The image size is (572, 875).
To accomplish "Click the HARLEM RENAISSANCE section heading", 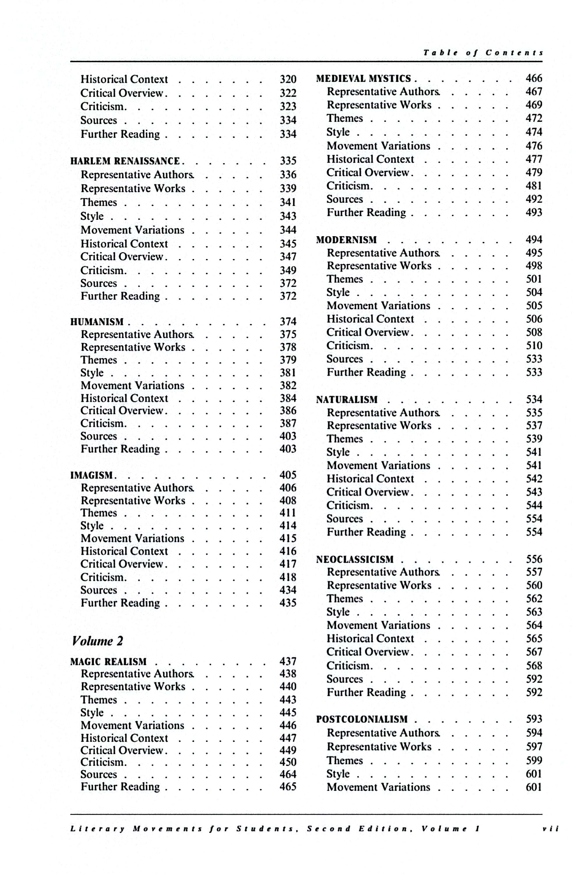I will pos(125,161).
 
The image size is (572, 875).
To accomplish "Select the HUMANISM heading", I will pos(97,322).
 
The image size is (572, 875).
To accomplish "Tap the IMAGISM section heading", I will pos(91,475).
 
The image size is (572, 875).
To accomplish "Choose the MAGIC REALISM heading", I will pos(108,662).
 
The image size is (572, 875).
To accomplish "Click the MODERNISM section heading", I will pos(346,240).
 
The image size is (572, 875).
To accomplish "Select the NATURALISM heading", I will pos(347,400).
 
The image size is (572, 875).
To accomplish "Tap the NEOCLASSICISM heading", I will pos(355,559).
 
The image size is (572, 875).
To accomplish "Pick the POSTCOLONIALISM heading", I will pos(362,719).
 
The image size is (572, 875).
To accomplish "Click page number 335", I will pos(288,161).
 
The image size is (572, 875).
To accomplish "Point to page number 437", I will pos(288,661).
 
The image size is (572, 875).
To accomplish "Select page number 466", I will pos(534,78).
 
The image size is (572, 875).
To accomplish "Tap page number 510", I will pos(534,346).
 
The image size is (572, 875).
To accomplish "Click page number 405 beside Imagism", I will pos(288,475).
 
